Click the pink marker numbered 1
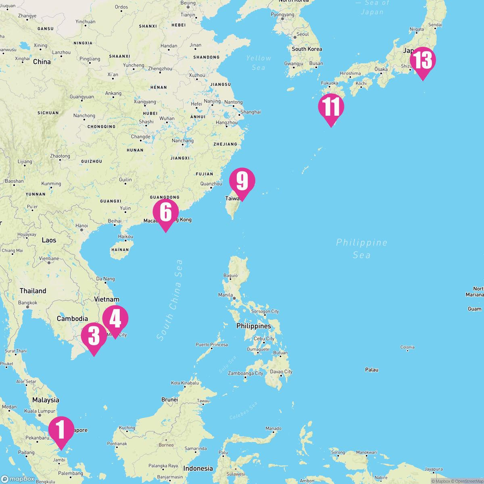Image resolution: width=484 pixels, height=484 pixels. [x=61, y=430]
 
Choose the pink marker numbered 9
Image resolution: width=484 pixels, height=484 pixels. [x=242, y=182]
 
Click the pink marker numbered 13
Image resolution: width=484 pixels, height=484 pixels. [x=423, y=61]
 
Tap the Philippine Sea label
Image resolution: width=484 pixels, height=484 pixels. [x=361, y=248]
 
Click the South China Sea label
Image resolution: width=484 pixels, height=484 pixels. [x=170, y=300]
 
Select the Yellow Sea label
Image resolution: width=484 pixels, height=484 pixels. [x=259, y=63]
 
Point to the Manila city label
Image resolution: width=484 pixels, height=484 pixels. [x=225, y=295]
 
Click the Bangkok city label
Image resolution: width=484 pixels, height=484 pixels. [x=28, y=302]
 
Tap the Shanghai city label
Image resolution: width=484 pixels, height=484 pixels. [x=250, y=112]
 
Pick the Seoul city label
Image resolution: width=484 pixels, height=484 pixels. [x=302, y=34]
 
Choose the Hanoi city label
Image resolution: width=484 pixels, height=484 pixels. [x=81, y=225]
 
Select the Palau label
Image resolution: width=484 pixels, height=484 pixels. [x=371, y=369]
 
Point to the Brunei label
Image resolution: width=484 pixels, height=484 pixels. [x=169, y=400]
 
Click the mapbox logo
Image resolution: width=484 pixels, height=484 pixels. [x=18, y=479]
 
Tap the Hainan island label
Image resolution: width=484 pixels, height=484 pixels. [x=120, y=250]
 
